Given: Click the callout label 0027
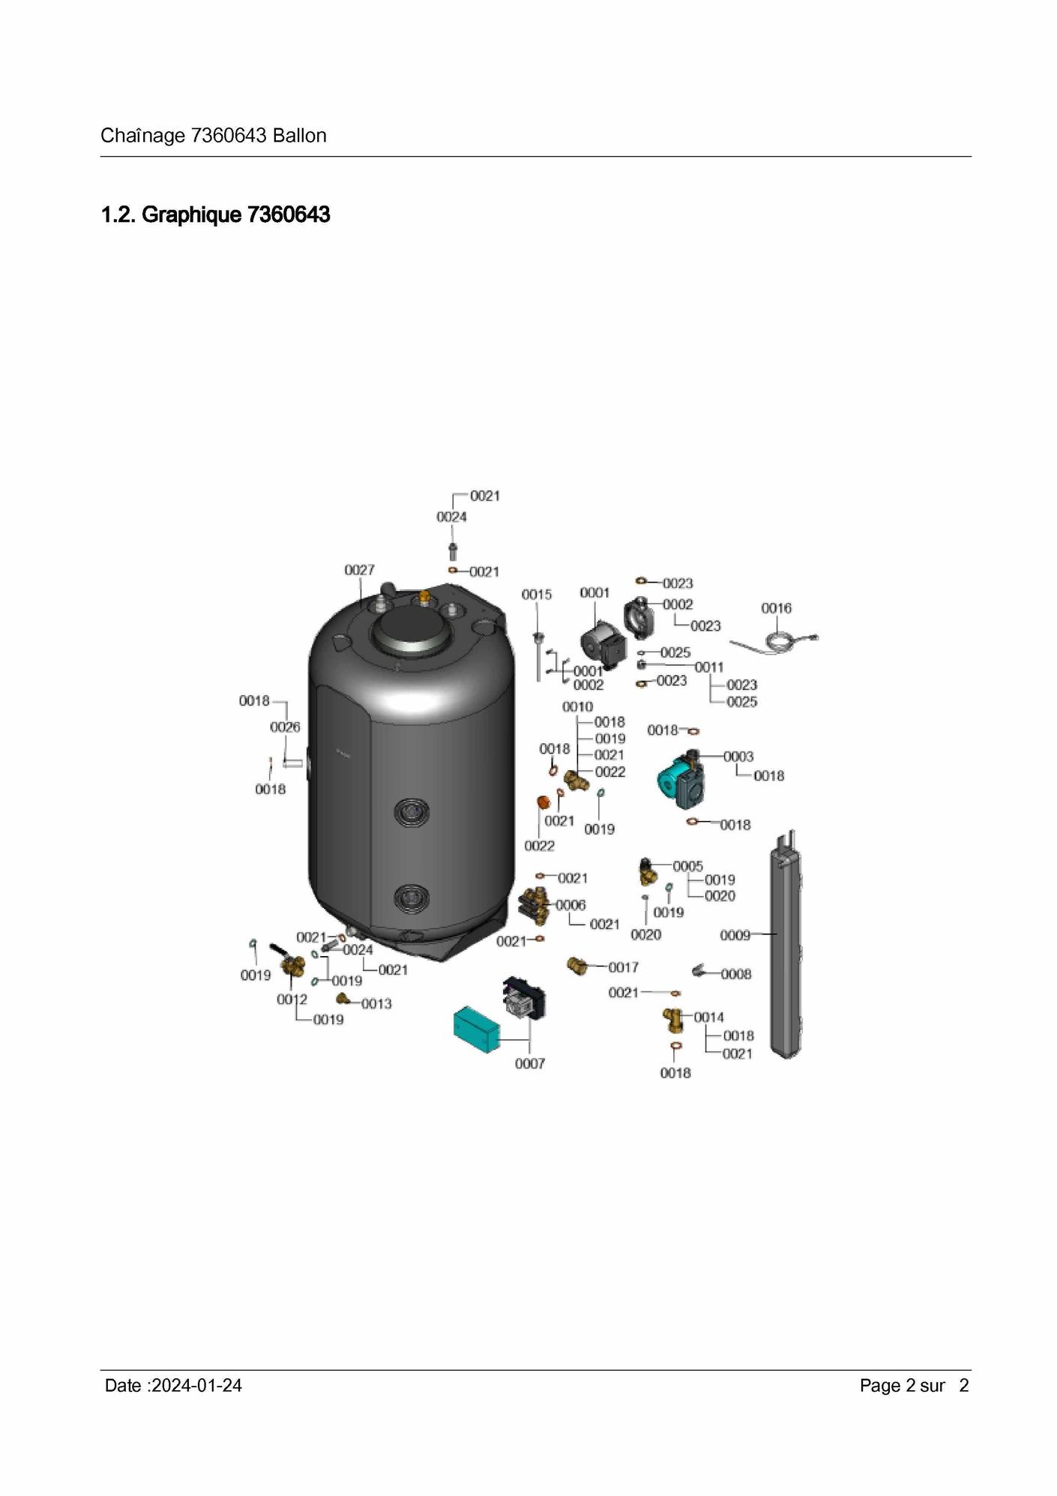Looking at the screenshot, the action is pos(359,570).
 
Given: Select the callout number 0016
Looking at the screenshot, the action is pos(776,608).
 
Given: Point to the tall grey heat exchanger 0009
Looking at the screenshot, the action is pos(785,944).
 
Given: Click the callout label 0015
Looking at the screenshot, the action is pos(537,595).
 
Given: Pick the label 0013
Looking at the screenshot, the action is pos(376,1004).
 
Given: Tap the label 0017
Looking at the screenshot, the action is pos(623,967).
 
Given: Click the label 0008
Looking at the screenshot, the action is pos(735,974).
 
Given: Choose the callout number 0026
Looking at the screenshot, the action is pos(285,727).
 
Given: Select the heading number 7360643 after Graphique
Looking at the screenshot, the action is pos(289,215).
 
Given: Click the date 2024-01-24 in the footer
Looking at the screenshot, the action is pos(196,1386).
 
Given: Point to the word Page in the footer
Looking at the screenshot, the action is pos(880,1386).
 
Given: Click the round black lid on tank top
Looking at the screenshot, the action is pos(412,634).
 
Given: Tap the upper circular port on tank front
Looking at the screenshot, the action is pos(412,811).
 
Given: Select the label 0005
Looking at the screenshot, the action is pos(687,867).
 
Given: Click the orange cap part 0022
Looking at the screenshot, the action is pos(543,803).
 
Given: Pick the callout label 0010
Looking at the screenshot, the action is pos(577,707).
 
